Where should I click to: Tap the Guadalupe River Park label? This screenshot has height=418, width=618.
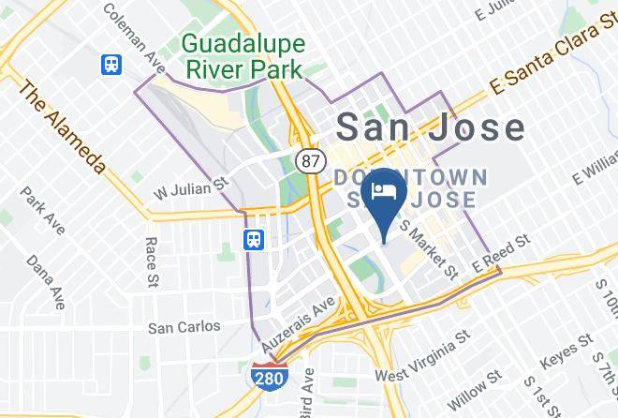click(242, 55)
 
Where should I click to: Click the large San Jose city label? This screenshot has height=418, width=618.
click(430, 127)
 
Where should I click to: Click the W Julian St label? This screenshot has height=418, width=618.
click(192, 179)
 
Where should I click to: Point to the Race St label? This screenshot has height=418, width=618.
click(150, 261)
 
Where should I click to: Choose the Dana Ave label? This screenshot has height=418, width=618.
click(45, 281)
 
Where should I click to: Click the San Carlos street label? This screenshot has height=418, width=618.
click(184, 327)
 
